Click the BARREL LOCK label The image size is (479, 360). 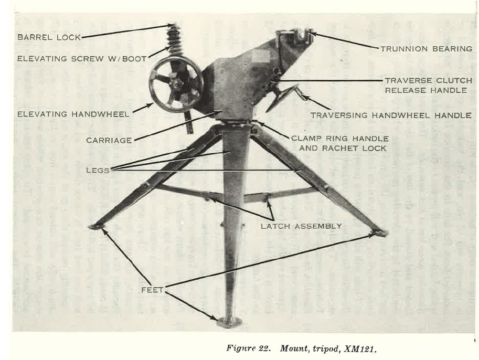(x=49, y=37)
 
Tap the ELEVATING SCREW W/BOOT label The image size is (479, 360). (x=82, y=59)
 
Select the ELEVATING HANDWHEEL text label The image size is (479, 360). (x=73, y=114)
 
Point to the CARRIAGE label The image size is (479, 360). (x=109, y=140)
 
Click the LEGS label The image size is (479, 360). (x=98, y=170)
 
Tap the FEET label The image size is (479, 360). (x=152, y=290)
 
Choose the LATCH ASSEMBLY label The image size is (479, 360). (x=301, y=226)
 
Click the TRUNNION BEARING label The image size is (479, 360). (x=427, y=49)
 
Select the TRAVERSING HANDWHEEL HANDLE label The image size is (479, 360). (x=391, y=115)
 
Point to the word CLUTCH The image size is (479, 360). (x=454, y=81)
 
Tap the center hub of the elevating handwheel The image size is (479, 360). (x=176, y=83)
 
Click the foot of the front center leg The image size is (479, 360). (x=229, y=322)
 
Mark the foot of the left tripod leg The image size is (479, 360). (x=95, y=227)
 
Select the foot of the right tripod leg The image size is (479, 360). (x=380, y=233)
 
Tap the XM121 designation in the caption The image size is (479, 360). (x=360, y=348)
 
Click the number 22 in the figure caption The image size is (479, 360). (x=263, y=348)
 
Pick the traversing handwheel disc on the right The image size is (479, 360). (x=281, y=98)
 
